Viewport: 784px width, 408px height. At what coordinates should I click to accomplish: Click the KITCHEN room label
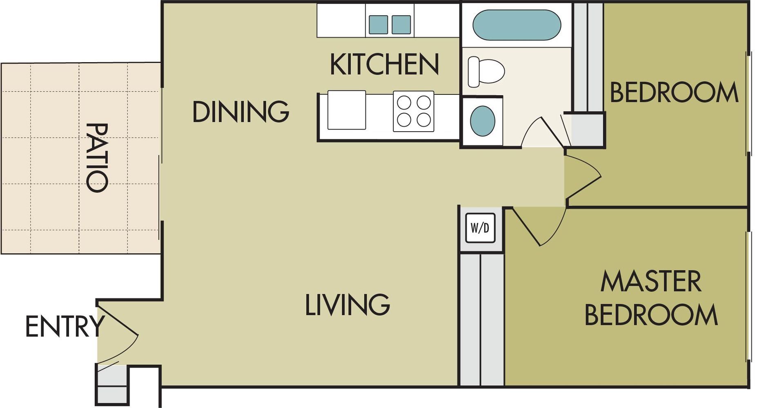click(x=384, y=65)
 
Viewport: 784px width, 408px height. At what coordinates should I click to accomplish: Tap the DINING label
click(x=241, y=112)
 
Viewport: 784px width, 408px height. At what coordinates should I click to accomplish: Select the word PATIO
click(x=97, y=158)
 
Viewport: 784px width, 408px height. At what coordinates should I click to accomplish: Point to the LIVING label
click(x=347, y=305)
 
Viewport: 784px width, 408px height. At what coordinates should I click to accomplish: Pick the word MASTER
click(x=651, y=281)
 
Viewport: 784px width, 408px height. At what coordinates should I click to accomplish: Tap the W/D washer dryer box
click(x=480, y=228)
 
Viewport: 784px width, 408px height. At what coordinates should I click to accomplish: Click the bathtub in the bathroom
click(x=516, y=25)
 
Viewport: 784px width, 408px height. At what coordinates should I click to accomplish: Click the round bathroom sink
click(x=482, y=121)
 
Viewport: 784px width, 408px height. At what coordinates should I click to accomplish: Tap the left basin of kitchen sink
click(x=378, y=25)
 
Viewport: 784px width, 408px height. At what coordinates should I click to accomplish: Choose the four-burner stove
click(x=414, y=111)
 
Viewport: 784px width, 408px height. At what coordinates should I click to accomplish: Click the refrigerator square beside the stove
click(x=346, y=110)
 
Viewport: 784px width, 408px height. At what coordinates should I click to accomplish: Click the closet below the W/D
click(x=482, y=319)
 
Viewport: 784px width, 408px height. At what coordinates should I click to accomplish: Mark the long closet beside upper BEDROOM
click(x=588, y=57)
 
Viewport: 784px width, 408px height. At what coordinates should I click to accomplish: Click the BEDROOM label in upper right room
click(x=674, y=93)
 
